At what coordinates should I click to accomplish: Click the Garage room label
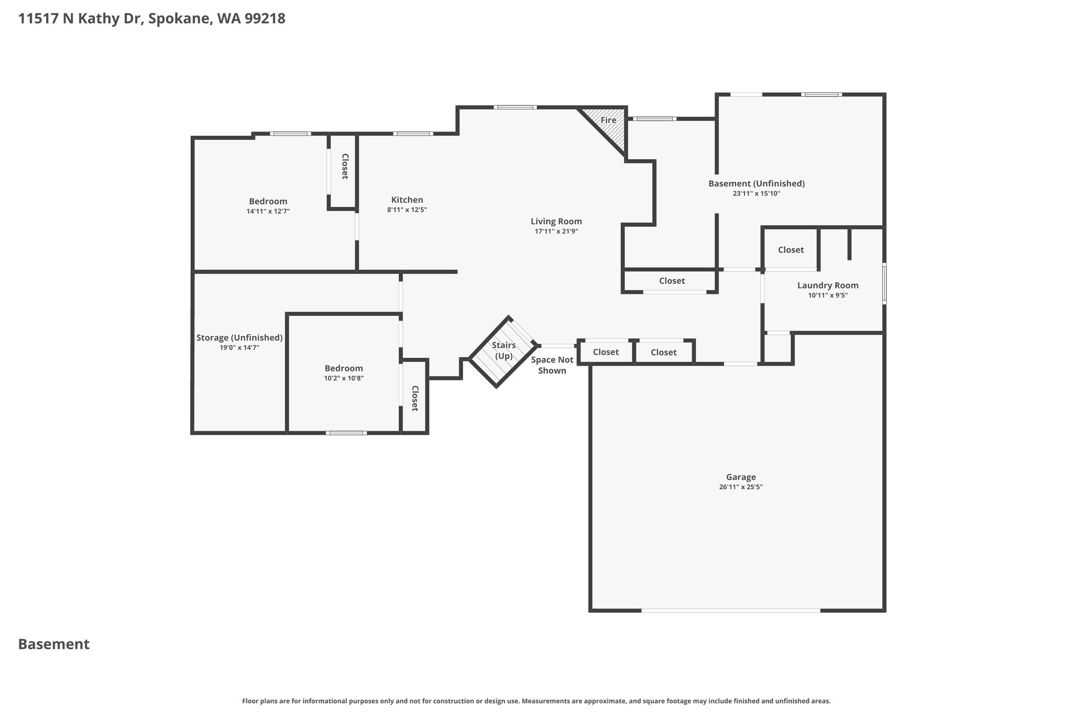pyautogui.click(x=741, y=477)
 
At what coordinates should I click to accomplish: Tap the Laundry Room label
pyautogui.click(x=828, y=285)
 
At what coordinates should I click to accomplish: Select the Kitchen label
pyautogui.click(x=407, y=200)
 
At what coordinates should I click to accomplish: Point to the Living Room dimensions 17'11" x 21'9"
pyautogui.click(x=556, y=231)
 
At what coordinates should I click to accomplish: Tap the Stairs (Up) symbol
pyautogui.click(x=503, y=351)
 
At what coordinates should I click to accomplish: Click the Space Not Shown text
pyautogui.click(x=552, y=365)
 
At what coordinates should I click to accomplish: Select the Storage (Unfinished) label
pyautogui.click(x=239, y=338)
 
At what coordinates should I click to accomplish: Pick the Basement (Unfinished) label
pyautogui.click(x=757, y=184)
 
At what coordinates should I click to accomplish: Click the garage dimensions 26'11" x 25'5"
pyautogui.click(x=741, y=487)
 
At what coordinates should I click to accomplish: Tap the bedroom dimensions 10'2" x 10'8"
pyautogui.click(x=344, y=378)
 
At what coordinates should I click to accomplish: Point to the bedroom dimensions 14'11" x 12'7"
pyautogui.click(x=268, y=211)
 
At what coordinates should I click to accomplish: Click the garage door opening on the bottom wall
pyautogui.click(x=731, y=610)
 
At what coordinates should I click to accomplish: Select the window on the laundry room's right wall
pyautogui.click(x=884, y=283)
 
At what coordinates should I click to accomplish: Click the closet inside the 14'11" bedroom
pyautogui.click(x=343, y=172)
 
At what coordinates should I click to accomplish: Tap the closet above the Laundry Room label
pyautogui.click(x=791, y=249)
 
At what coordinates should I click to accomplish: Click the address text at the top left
pyautogui.click(x=152, y=19)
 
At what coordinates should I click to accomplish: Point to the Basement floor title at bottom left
pyautogui.click(x=54, y=644)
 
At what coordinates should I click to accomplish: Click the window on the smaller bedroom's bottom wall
pyautogui.click(x=346, y=433)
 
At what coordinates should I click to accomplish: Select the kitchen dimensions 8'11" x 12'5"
pyautogui.click(x=407, y=210)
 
